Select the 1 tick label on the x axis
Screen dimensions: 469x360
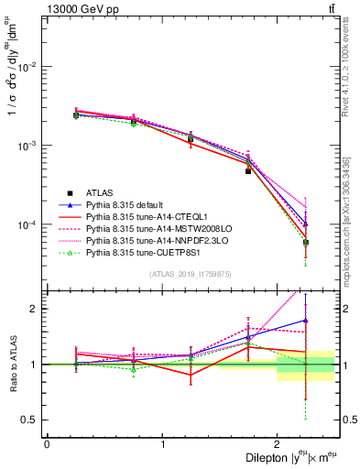coord(162,444)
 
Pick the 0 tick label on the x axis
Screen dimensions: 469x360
coord(47,444)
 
